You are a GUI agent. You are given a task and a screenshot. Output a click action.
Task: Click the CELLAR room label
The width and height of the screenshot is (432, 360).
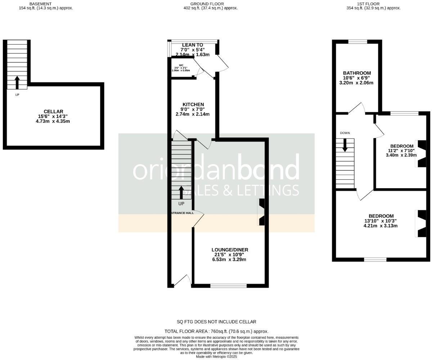pyautogui.click(x=53, y=112)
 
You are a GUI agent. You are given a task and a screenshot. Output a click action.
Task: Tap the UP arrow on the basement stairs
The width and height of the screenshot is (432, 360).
pyautogui.click(x=17, y=82)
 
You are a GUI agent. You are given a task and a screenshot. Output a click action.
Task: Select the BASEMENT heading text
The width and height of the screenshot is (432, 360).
pyautogui.click(x=40, y=4)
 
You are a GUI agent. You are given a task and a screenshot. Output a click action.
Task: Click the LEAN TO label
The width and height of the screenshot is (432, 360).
pyautogui.click(x=192, y=45)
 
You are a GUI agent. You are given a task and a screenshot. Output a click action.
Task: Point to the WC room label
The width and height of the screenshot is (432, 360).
pyautogui.click(x=181, y=66)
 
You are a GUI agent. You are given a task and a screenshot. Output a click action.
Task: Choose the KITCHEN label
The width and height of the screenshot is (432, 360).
pyautogui.click(x=193, y=104)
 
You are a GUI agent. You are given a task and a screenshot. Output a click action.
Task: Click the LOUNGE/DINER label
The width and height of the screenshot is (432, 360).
pyautogui.click(x=230, y=250)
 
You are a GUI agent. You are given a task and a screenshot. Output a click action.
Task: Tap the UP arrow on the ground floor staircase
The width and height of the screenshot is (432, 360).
pyautogui.click(x=181, y=193)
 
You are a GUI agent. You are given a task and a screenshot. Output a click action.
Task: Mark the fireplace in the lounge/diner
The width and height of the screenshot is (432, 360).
pyautogui.click(x=261, y=212)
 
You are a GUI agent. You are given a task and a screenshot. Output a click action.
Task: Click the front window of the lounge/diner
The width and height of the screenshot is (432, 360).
pyautogui.click(x=228, y=286)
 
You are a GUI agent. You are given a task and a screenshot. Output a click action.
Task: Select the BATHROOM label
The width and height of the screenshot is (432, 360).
pyautogui.click(x=357, y=73)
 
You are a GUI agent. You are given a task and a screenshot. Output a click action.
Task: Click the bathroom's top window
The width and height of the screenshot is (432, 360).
pyautogui.click(x=357, y=42)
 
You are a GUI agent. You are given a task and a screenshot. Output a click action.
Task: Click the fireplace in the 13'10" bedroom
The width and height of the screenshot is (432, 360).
pyautogui.click(x=421, y=224)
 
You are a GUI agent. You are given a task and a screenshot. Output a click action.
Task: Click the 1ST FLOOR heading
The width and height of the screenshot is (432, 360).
pyautogui.click(x=368, y=4)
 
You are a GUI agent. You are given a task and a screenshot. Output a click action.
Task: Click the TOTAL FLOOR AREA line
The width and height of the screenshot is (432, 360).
pyautogui.click(x=216, y=331)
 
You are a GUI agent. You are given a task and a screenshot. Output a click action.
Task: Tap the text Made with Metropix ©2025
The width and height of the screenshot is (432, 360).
pyautogui.click(x=216, y=356)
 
